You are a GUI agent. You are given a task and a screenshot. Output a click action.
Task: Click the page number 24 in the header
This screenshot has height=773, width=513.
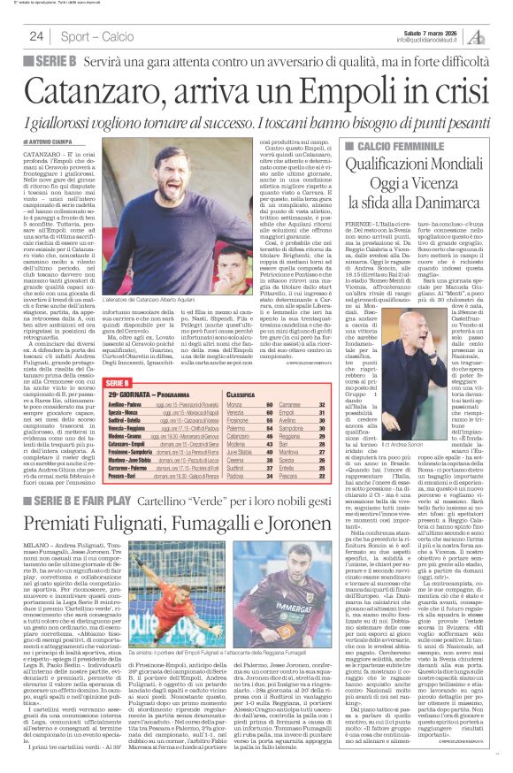coord(36,36)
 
